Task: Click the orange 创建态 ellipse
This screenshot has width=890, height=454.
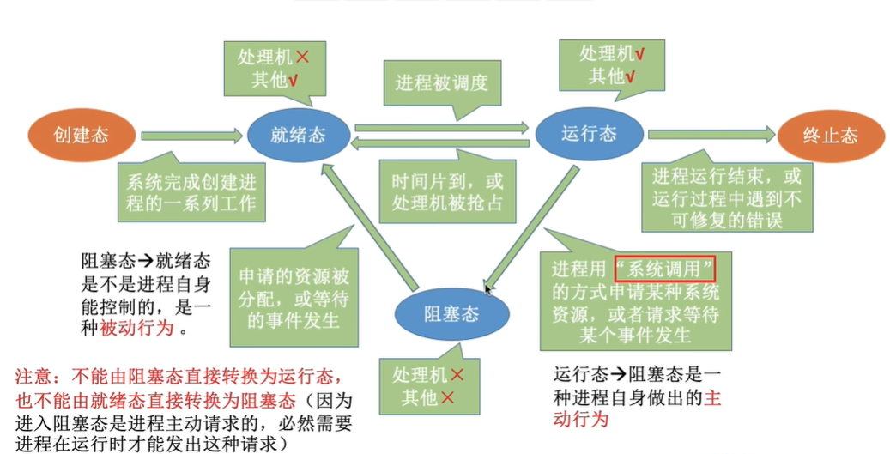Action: (x=82, y=135)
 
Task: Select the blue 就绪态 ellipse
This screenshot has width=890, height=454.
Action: (x=298, y=135)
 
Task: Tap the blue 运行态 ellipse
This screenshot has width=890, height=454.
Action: (x=589, y=135)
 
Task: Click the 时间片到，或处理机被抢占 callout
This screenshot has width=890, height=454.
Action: (x=446, y=194)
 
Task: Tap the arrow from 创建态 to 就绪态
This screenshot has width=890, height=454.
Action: (x=191, y=136)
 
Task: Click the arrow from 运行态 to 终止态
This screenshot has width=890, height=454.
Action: (x=709, y=135)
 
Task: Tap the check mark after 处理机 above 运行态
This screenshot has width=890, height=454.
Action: (x=640, y=53)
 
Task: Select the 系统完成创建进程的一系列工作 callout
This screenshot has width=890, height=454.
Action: (x=191, y=192)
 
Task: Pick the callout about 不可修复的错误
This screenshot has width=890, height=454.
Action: (x=726, y=198)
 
